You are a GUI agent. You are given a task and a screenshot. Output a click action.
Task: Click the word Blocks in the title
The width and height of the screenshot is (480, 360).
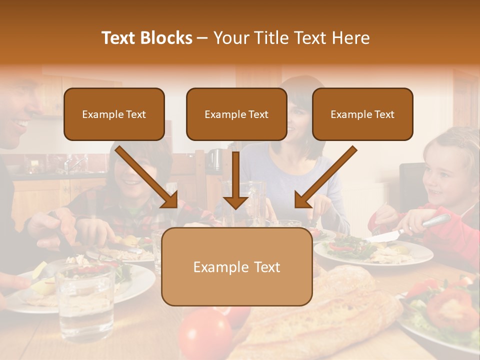167,38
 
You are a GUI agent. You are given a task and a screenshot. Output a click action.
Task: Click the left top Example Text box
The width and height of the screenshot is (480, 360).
114,114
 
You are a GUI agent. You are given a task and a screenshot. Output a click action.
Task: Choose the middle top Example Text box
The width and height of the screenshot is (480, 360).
236,114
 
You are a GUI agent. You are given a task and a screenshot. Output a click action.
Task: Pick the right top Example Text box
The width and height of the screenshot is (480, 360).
362,114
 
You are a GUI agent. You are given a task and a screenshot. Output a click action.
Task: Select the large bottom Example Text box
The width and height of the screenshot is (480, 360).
236,266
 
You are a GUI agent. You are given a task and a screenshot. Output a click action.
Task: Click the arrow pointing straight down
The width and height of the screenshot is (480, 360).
235,180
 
